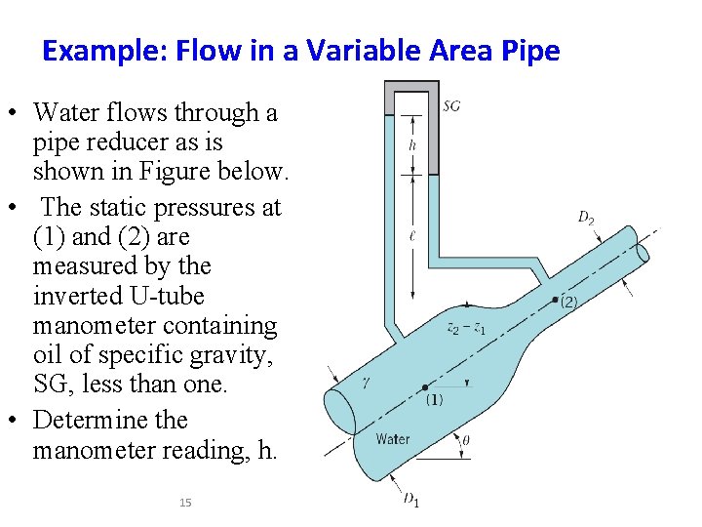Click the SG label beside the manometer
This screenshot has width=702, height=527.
tap(451, 105)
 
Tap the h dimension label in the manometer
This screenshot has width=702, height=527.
tap(412, 145)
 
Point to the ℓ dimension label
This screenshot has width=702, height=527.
tap(413, 235)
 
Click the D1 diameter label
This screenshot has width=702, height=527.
tap(411, 500)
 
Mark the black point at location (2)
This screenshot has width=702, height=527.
tap(556, 298)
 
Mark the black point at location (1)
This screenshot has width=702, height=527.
tap(424, 386)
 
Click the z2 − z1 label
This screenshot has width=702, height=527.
tap(466, 329)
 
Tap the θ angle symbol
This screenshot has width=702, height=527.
tap(465, 440)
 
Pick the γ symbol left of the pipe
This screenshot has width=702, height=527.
tap(365, 384)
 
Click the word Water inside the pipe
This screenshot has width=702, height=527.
tap(393, 439)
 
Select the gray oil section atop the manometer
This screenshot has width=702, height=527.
tap(411, 97)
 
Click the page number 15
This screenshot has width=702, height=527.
tap(185, 503)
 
